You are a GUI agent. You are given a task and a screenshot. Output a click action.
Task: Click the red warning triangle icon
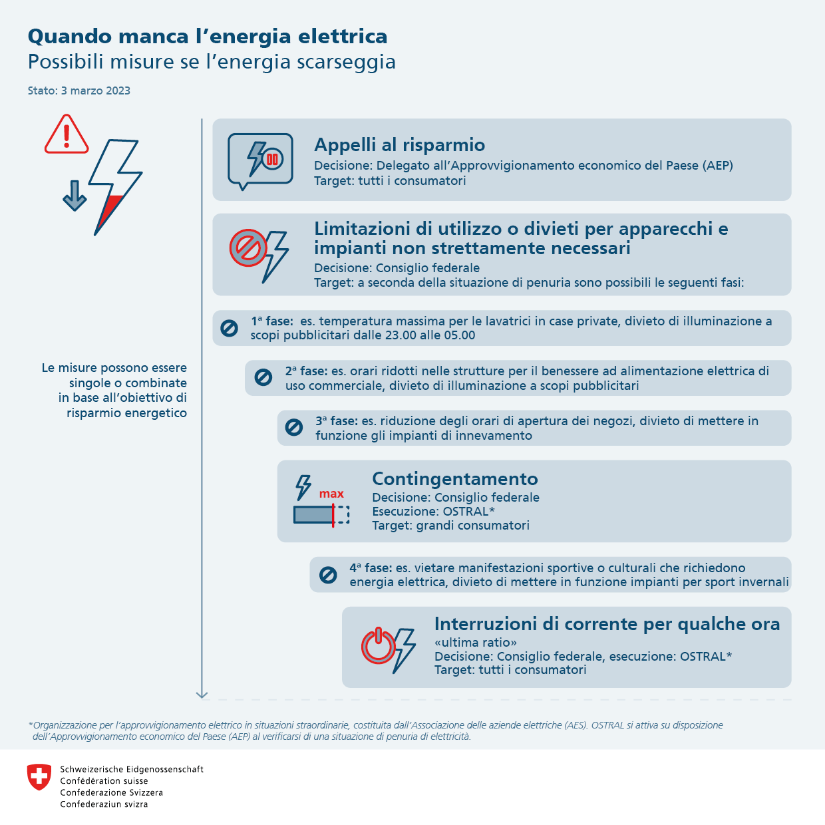(67, 135)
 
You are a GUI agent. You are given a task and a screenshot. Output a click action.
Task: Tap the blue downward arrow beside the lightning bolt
(75, 196)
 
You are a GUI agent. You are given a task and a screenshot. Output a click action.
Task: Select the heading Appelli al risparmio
(399, 145)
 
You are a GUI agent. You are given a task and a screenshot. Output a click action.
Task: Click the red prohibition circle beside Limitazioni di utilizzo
(248, 248)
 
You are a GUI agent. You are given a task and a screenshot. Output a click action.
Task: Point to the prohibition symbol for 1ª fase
(229, 328)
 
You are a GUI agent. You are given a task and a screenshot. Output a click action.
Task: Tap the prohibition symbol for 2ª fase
(263, 378)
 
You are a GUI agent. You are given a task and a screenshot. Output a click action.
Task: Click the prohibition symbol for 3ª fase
(294, 428)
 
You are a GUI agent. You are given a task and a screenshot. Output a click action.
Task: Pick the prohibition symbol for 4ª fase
(328, 575)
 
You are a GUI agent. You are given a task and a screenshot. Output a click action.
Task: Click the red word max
(331, 494)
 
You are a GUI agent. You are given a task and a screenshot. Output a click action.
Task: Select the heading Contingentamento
(455, 479)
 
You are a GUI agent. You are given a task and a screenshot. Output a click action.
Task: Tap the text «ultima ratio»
(476, 643)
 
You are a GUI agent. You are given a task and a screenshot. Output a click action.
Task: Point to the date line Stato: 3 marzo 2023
(79, 90)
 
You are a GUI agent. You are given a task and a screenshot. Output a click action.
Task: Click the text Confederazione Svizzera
(112, 792)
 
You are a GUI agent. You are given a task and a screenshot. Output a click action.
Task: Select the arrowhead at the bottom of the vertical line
(202, 695)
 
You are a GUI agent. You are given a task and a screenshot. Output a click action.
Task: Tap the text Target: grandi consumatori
(450, 526)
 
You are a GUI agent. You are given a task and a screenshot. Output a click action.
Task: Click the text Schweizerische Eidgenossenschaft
(132, 769)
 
